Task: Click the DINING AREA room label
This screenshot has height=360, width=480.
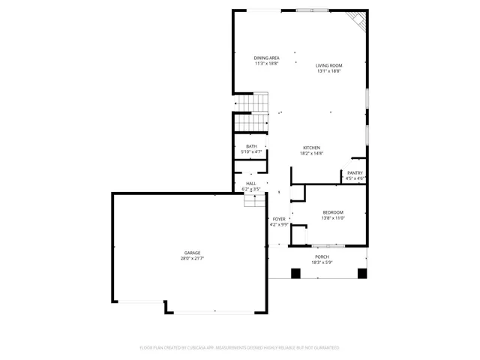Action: coord(266,58)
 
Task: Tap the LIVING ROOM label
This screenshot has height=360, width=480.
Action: coord(329,66)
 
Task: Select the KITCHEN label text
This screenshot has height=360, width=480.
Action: coord(312,148)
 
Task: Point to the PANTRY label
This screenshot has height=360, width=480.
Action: coord(355,173)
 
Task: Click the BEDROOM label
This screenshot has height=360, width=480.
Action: coord(333,212)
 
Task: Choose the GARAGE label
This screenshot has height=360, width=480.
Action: coord(193,253)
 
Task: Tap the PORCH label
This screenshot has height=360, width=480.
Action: coord(322,257)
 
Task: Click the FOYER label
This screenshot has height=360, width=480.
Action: coord(279,219)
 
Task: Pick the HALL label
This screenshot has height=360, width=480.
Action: coord(250,184)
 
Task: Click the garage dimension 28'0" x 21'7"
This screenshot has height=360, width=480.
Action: coord(193,258)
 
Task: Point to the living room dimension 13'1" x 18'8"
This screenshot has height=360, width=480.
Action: coord(329,71)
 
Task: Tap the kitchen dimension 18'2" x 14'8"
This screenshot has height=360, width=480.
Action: coord(312,153)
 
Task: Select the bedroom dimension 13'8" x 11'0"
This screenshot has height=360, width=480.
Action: coord(333,217)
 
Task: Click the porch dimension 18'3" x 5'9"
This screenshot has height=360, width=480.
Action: coord(322,262)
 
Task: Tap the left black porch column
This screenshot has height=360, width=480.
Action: coord(295,273)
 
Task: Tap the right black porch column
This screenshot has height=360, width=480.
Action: coord(362,273)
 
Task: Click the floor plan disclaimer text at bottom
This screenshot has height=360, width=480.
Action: coord(240,348)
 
